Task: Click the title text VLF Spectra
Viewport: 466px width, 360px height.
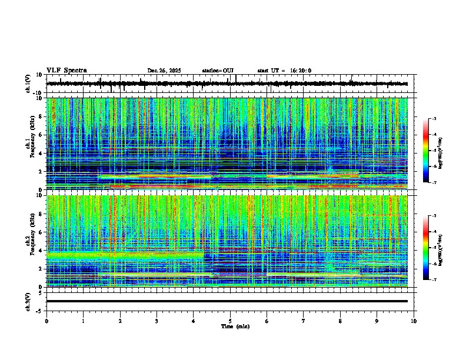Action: tap(66, 70)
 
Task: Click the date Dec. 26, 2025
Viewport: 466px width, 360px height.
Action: tap(164, 71)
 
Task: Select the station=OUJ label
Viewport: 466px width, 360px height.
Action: tap(218, 71)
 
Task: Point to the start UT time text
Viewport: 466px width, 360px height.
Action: tap(284, 71)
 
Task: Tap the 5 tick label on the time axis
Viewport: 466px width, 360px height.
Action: tap(230, 321)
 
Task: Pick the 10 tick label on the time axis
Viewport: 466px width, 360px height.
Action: tap(414, 321)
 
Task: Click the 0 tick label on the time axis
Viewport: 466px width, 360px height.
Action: tap(46, 321)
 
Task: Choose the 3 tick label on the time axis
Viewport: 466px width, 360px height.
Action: tap(157, 321)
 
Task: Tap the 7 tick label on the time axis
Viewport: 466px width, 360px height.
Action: tap(304, 321)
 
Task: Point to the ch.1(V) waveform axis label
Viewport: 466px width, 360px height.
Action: tap(29, 84)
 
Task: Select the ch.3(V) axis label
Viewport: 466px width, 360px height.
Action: tap(29, 301)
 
